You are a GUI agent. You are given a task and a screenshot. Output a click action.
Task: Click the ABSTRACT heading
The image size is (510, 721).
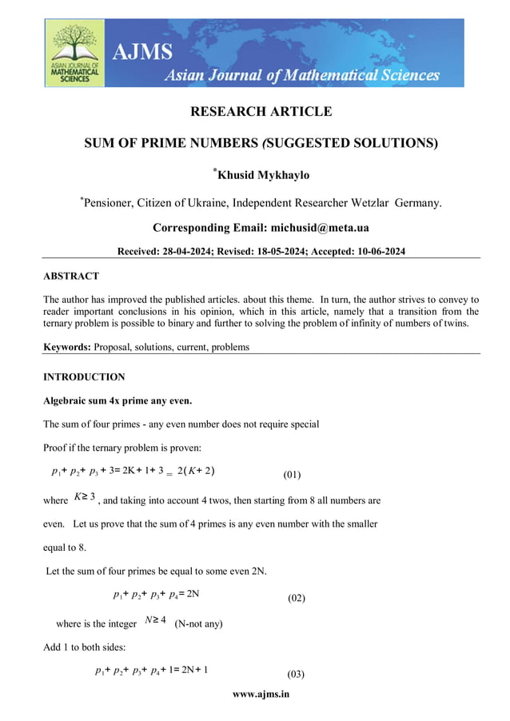click(x=71, y=276)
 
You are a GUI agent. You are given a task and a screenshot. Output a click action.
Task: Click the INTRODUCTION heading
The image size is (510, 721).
click(x=83, y=376)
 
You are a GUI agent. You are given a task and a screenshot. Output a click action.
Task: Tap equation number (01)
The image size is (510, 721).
click(x=292, y=475)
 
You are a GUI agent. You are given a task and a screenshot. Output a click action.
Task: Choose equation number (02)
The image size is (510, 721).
click(x=295, y=598)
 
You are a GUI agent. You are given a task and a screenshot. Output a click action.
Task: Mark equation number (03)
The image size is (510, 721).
click(x=295, y=673)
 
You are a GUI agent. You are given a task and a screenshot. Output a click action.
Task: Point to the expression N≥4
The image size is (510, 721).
click(x=153, y=620)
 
